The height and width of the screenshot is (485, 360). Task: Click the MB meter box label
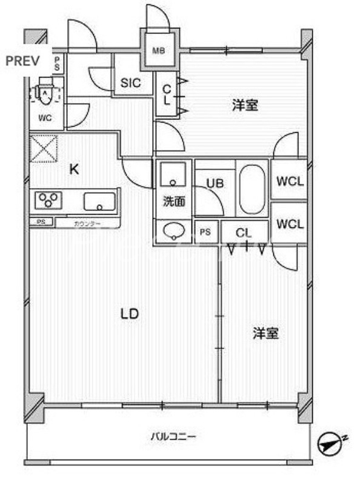pos(159,51)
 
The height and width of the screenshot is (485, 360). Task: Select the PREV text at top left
pos(22,61)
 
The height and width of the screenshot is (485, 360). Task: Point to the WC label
pos(45,118)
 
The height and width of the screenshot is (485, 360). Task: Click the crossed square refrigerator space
pos(44,149)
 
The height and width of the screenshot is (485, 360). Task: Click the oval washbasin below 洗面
pos(174,231)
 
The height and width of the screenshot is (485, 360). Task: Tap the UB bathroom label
pos(215,182)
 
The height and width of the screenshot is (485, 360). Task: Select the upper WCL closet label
pos(290,181)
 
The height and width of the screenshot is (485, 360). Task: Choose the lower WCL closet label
pos(290,224)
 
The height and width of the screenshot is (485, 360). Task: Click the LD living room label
pos(130,314)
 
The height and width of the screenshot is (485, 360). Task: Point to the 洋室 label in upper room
pos(245,105)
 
